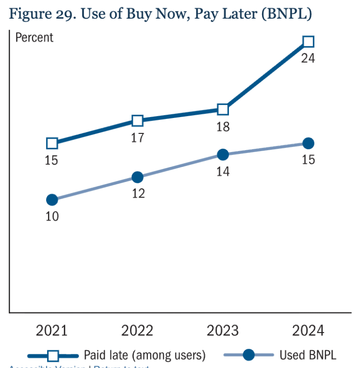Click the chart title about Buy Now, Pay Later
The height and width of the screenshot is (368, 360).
[160, 14]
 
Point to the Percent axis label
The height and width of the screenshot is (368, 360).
[35, 37]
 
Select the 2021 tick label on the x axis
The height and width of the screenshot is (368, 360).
[52, 331]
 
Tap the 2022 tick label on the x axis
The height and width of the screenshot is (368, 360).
[137, 331]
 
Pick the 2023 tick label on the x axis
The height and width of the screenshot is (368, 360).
[223, 331]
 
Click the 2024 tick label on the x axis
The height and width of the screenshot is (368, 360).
[308, 331]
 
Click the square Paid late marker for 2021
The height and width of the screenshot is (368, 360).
[52, 143]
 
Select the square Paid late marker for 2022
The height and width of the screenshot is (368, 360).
[137, 120]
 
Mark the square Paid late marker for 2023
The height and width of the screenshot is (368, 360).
[223, 109]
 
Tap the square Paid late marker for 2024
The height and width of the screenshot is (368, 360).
[308, 42]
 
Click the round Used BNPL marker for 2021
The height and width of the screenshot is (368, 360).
[52, 200]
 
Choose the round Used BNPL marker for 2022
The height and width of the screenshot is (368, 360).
[137, 177]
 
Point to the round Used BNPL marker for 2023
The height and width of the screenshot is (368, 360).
[223, 154]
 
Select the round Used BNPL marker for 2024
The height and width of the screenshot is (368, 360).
[308, 143]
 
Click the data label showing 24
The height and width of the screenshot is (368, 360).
[308, 59]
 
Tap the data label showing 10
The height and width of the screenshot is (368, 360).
[52, 216]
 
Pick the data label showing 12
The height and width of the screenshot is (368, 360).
[137, 194]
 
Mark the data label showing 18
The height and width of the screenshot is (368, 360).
[223, 127]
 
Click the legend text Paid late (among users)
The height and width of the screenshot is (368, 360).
[144, 355]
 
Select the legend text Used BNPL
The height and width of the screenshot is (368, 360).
[308, 355]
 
